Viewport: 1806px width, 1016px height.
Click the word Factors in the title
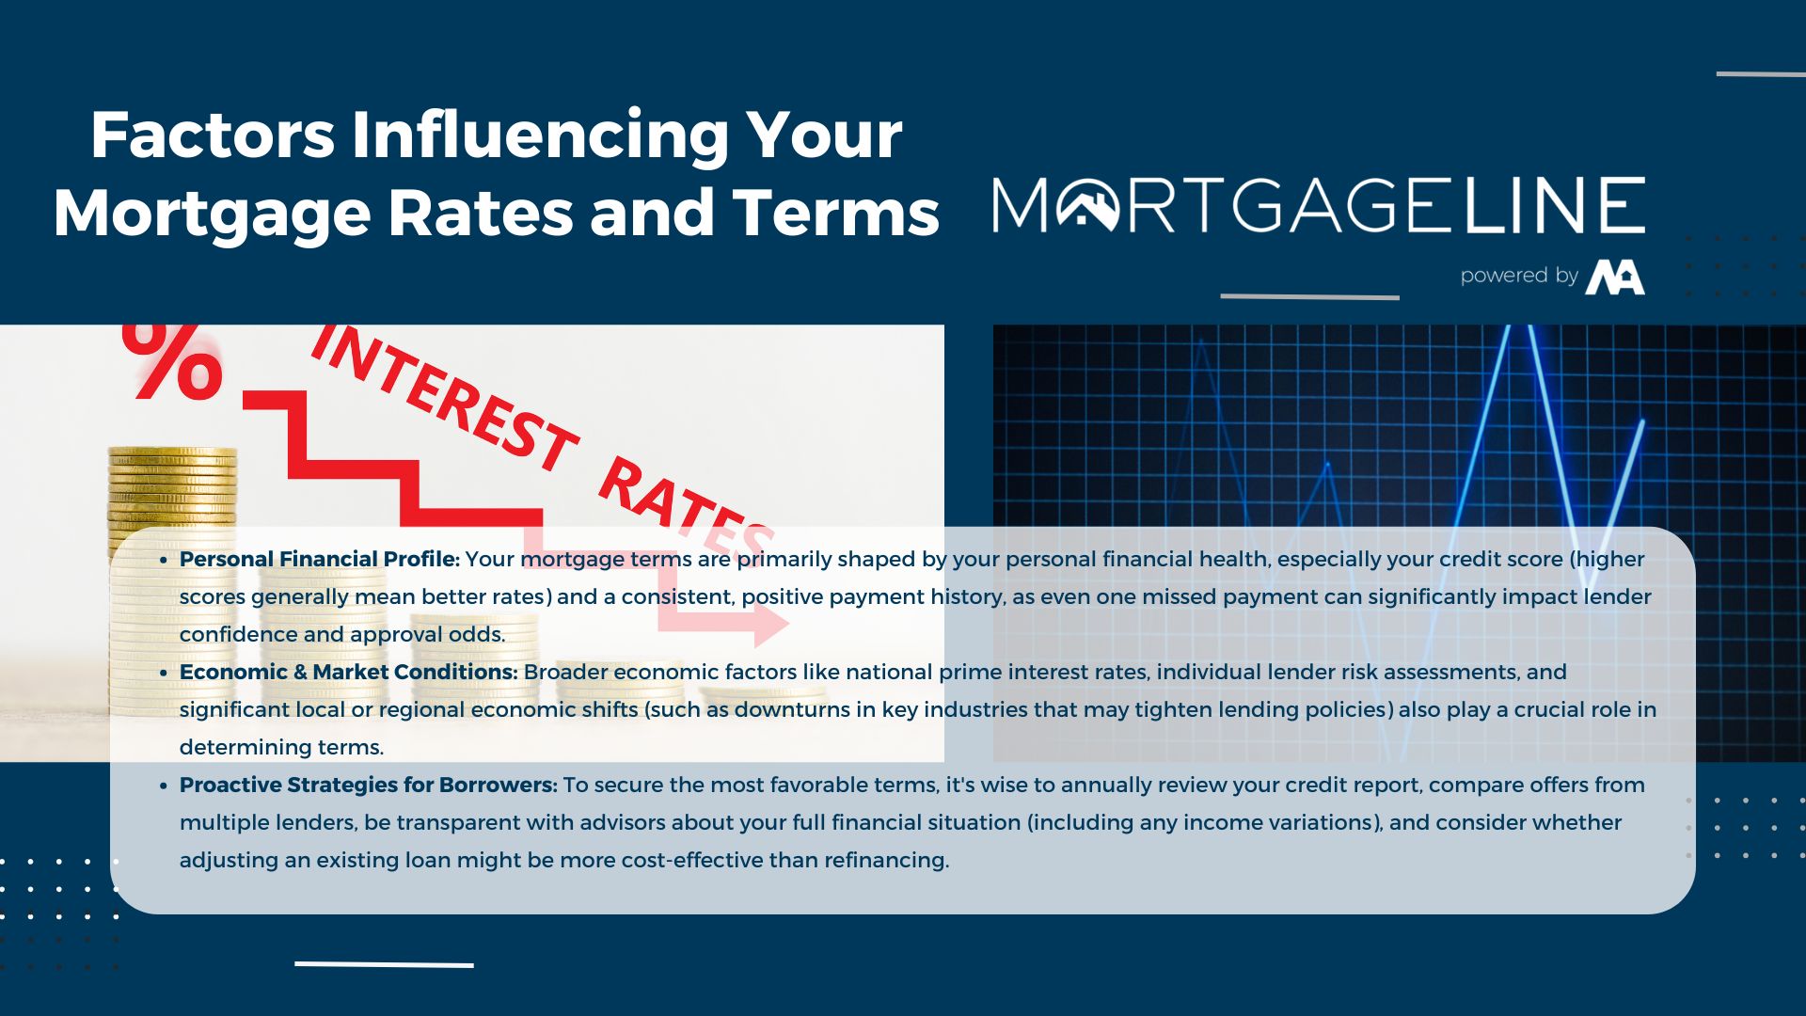pyautogui.click(x=213, y=135)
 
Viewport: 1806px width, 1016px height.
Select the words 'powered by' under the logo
pyautogui.click(x=1519, y=276)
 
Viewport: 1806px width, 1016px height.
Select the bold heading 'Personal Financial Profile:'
pyautogui.click(x=320, y=559)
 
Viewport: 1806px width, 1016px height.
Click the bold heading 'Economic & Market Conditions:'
pyautogui.click(x=349, y=672)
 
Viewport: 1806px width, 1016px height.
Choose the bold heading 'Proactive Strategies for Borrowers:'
pyautogui.click(x=369, y=785)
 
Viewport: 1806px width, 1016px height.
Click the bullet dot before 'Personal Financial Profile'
pyautogui.click(x=163, y=560)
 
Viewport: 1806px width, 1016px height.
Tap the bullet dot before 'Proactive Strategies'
pyautogui.click(x=163, y=786)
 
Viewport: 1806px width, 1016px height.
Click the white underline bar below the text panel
pyautogui.click(x=384, y=964)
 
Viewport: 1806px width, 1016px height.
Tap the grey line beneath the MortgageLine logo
pyautogui.click(x=1309, y=296)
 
